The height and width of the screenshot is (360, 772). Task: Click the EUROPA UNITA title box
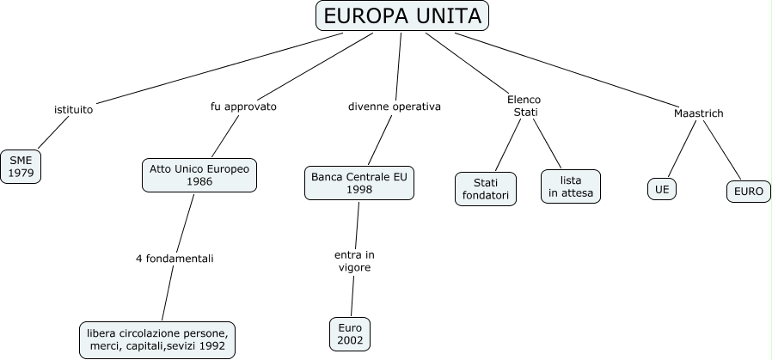pos(403,16)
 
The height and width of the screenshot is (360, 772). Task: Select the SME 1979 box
pos(21,166)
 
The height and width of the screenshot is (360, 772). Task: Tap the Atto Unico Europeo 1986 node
pos(199,176)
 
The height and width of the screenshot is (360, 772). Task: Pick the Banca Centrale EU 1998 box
pos(360,183)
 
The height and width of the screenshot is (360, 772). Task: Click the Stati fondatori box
pos(486,189)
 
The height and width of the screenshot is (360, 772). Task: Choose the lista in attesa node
pos(571,186)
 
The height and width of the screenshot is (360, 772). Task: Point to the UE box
pos(661,189)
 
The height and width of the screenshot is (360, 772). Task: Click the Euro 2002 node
pos(350,334)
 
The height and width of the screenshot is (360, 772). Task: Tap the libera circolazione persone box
pos(156,339)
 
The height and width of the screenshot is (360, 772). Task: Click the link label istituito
pos(73,110)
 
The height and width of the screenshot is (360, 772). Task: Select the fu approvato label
pos(243,107)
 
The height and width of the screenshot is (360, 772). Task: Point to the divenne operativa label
pos(394,107)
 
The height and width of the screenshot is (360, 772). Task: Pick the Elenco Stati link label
pos(524,106)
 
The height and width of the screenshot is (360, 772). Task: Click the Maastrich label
pos(698,113)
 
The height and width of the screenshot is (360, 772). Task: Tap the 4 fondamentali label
pos(175,258)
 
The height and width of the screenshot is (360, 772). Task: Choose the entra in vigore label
pos(354,261)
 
